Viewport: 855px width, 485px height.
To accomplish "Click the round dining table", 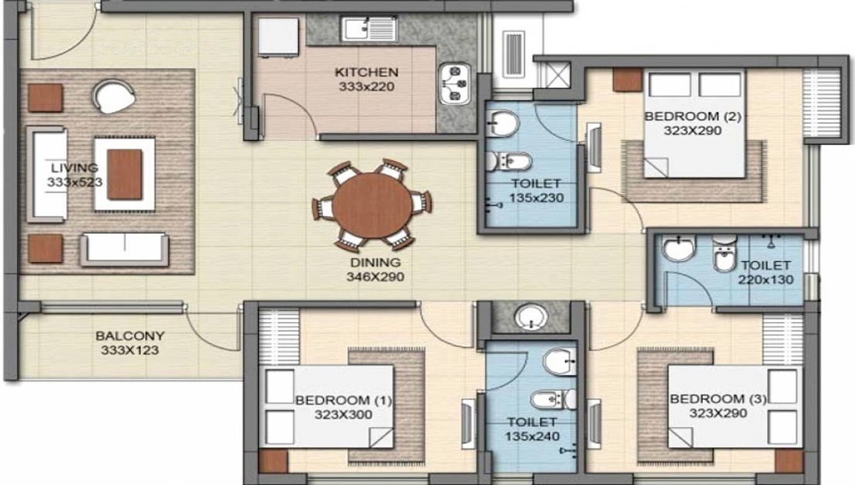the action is (373, 205).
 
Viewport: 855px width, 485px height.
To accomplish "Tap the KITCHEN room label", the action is (367, 72).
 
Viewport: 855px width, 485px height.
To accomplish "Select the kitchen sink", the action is (369, 29).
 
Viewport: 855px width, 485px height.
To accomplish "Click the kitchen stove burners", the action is (456, 84).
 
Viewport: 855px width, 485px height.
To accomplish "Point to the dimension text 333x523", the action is (74, 183).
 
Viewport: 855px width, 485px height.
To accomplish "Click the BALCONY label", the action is (130, 336).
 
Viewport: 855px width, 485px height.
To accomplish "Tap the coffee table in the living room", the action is (124, 174).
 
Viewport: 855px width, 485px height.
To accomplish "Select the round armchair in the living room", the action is (114, 96).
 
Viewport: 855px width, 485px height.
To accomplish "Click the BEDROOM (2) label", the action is (693, 116).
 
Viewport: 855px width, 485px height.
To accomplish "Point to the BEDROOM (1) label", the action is (344, 400).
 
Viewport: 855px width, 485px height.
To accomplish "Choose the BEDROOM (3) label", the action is (718, 399).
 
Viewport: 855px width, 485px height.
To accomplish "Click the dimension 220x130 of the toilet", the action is (765, 280).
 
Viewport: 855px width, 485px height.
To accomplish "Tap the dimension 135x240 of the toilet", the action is (532, 436).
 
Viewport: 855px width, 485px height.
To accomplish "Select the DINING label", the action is (375, 262).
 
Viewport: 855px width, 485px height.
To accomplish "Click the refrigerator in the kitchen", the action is (278, 37).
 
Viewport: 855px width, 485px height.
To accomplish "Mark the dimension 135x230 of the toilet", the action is (537, 197).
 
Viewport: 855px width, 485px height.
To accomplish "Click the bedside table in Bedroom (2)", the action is (627, 79).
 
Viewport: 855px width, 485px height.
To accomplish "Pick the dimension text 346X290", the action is (375, 277).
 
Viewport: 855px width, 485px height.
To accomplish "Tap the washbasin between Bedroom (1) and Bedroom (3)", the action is (532, 317).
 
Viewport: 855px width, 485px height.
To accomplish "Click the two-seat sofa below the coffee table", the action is (124, 249).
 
